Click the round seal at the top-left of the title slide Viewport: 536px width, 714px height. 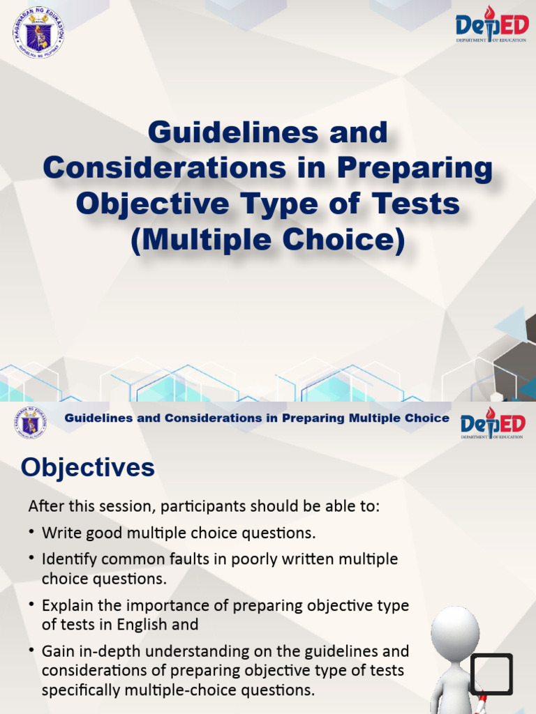point(38,32)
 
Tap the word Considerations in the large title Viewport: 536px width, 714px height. point(164,169)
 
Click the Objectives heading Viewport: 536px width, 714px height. point(88,468)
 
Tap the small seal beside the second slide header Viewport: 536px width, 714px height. point(30,422)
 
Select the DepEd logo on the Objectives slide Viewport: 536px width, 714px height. point(492,425)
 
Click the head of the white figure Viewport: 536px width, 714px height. point(454,632)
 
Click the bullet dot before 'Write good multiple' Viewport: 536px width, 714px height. point(32,533)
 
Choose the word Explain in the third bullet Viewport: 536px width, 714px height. point(65,605)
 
